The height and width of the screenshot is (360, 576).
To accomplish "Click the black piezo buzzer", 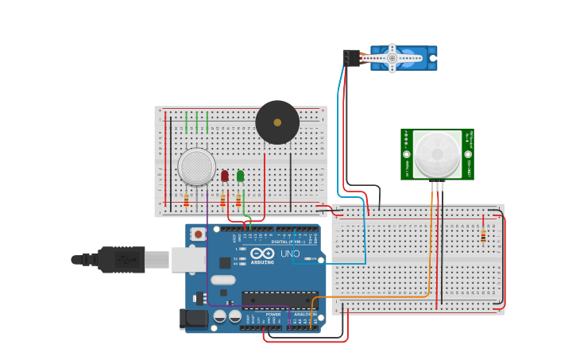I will point(277,122).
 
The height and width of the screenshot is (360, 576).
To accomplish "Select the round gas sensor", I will point(196,167).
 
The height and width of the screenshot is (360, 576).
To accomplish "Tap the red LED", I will point(225,176).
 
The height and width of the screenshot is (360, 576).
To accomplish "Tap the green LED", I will point(240,176).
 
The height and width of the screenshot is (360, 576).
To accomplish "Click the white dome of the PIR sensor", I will point(437,153).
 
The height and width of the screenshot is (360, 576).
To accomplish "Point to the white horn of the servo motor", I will point(392,58).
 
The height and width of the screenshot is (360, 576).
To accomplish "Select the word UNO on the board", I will point(290,254).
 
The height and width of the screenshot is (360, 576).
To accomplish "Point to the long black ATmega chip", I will point(280,300).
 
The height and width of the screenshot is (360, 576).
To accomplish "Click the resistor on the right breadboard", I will point(483,235).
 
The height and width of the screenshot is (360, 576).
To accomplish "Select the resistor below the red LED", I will point(222,199).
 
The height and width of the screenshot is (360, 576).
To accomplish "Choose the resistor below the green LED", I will point(238,199).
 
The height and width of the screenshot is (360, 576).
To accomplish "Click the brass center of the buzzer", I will point(277,122).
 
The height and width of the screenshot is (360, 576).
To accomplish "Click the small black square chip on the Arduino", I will point(225,262).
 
